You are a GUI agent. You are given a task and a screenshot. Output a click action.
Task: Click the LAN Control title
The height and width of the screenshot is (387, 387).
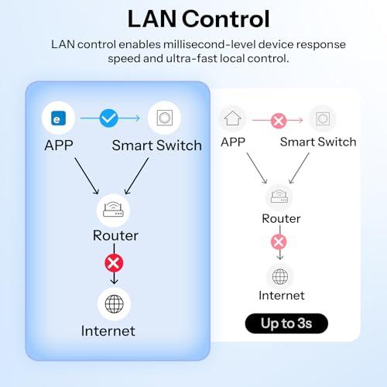point(199,19)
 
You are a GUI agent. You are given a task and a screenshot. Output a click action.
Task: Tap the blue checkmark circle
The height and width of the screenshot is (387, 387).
point(108,118)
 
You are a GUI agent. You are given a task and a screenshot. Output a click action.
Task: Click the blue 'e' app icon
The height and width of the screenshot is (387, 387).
point(58,118)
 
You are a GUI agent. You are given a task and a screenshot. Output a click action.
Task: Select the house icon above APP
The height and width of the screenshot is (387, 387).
point(232,118)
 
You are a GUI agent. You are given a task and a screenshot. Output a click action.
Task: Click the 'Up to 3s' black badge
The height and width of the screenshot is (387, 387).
point(286,324)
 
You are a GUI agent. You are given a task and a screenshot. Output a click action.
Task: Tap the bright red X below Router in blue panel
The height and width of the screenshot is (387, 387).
point(114,263)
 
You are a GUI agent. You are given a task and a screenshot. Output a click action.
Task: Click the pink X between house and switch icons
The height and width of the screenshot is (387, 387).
point(279,121)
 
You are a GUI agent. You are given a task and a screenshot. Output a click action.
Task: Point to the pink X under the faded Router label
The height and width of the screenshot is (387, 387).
point(279,241)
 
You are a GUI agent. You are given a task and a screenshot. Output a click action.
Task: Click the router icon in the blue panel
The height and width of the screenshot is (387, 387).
point(113,210)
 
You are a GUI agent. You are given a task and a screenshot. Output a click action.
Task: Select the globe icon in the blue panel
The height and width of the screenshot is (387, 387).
point(114,303)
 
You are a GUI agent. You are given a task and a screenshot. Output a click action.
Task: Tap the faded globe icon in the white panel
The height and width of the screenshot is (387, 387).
point(280,276)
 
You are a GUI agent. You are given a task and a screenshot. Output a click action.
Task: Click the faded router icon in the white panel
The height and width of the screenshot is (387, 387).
point(279,197)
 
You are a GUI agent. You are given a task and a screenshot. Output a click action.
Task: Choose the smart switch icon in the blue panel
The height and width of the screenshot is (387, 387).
point(165,118)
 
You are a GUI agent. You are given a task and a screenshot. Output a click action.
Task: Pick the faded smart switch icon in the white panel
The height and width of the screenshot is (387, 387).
point(323,118)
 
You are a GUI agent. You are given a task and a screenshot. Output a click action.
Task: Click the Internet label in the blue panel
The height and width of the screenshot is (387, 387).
point(108,331)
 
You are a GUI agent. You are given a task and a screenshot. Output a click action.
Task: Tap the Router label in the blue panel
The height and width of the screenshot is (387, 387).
point(115,235)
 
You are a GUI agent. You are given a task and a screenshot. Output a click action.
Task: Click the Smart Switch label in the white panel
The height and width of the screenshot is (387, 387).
point(318,142)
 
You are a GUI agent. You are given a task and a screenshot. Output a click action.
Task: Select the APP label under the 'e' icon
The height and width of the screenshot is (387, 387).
point(59,146)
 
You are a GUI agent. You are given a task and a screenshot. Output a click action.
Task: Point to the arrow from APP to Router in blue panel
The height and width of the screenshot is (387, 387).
point(87,176)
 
